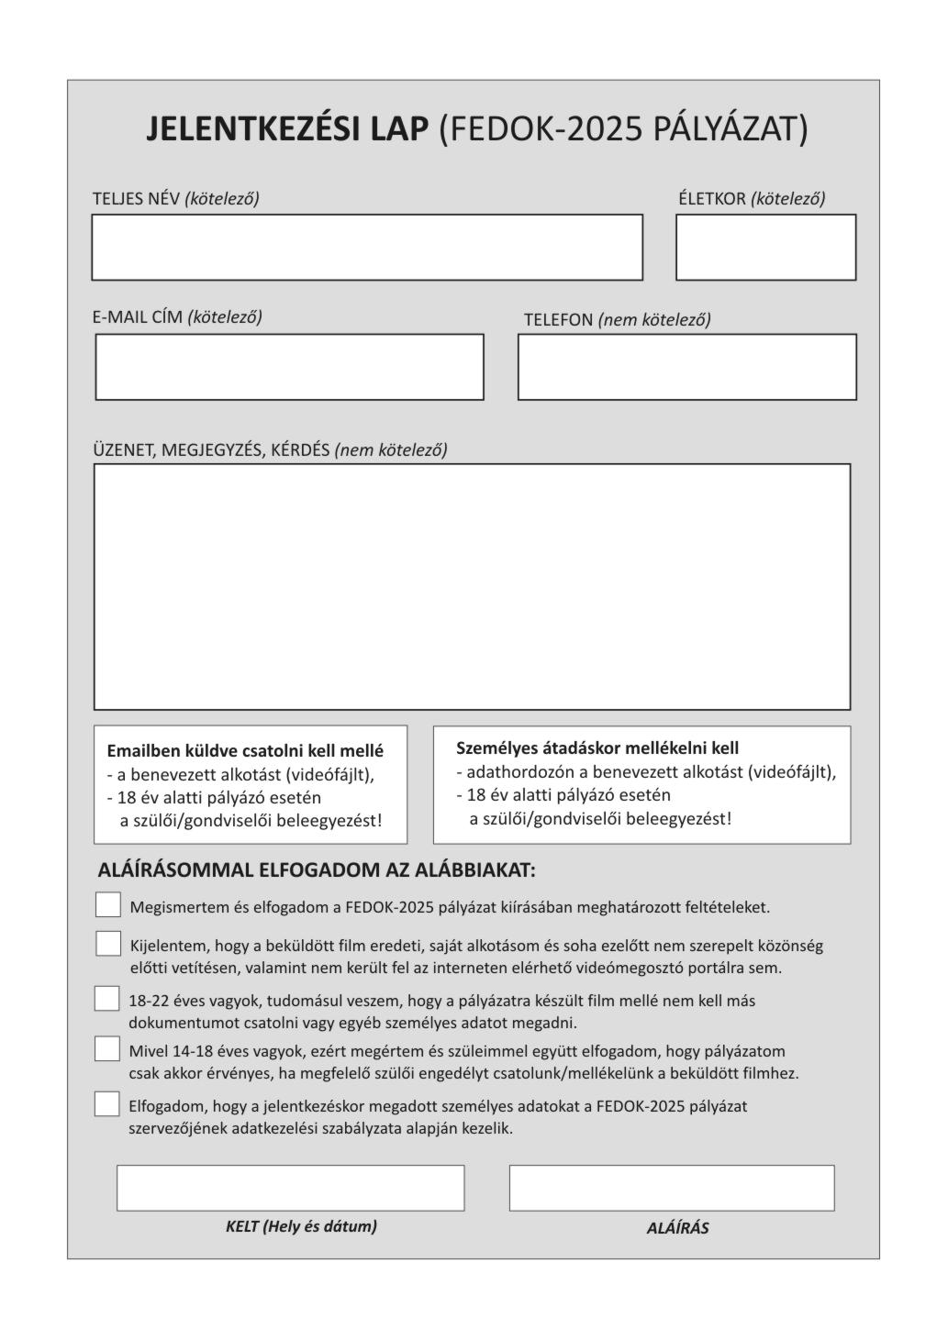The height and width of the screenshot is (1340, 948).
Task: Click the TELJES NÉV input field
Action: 367,248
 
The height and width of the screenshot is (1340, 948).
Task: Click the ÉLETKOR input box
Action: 765,248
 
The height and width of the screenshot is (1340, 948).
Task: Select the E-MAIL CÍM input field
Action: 289,367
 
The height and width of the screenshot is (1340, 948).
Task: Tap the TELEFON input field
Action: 686,367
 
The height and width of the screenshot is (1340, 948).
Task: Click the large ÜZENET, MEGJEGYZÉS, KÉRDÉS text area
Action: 472,587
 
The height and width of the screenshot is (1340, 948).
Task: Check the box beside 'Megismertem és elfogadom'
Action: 108,905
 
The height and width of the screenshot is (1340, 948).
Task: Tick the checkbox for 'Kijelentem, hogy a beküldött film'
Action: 108,944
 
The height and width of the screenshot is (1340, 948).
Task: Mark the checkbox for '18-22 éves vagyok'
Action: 107,999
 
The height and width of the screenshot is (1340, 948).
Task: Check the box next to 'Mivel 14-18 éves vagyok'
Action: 107,1049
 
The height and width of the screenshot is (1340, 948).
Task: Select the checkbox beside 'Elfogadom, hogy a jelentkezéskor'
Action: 107,1104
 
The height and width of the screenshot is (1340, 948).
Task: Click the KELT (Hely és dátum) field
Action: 290,1189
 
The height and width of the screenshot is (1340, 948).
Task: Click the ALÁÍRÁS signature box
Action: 672,1189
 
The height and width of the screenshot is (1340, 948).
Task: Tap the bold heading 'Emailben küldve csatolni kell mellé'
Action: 245,751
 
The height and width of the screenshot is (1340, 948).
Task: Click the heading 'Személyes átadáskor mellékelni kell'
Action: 597,748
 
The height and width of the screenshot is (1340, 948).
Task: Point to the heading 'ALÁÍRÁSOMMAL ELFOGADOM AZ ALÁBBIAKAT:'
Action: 317,870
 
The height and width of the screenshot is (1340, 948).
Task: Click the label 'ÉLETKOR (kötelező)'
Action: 752,198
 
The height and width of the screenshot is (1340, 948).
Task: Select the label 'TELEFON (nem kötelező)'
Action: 617,320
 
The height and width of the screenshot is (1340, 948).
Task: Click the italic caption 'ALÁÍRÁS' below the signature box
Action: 677,1229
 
